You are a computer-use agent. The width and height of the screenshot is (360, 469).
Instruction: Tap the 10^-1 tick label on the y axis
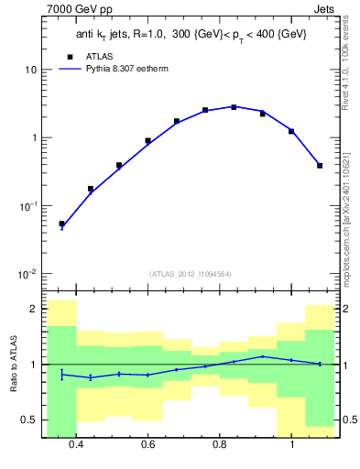tap(27, 206)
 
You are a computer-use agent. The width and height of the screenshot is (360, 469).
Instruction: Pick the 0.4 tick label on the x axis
tap(76, 444)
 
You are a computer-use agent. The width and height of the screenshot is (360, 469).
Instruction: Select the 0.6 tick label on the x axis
tap(147, 444)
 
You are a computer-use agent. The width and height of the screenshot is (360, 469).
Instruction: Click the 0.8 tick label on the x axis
tap(220, 444)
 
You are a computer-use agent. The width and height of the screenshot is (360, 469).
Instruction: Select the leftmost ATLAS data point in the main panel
tap(61, 224)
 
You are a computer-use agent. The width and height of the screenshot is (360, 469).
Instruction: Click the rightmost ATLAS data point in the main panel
tap(319, 166)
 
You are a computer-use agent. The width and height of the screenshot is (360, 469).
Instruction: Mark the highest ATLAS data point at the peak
tap(234, 107)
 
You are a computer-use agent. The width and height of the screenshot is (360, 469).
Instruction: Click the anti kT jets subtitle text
tap(191, 35)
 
